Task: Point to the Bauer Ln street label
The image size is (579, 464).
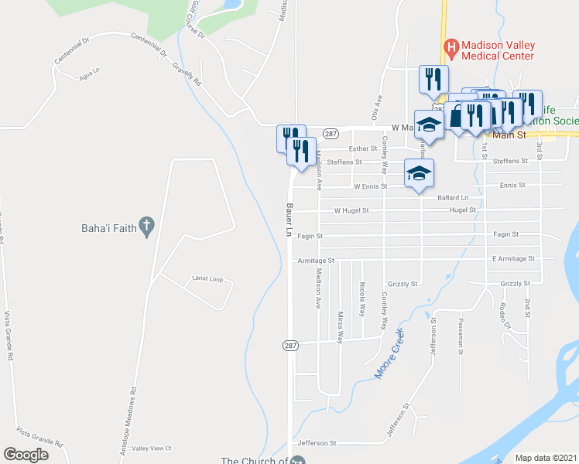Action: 288,220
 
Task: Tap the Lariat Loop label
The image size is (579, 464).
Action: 207,278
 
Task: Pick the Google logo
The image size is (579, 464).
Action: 26,455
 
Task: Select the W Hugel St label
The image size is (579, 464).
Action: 351,210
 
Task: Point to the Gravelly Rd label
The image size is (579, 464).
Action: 187,73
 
